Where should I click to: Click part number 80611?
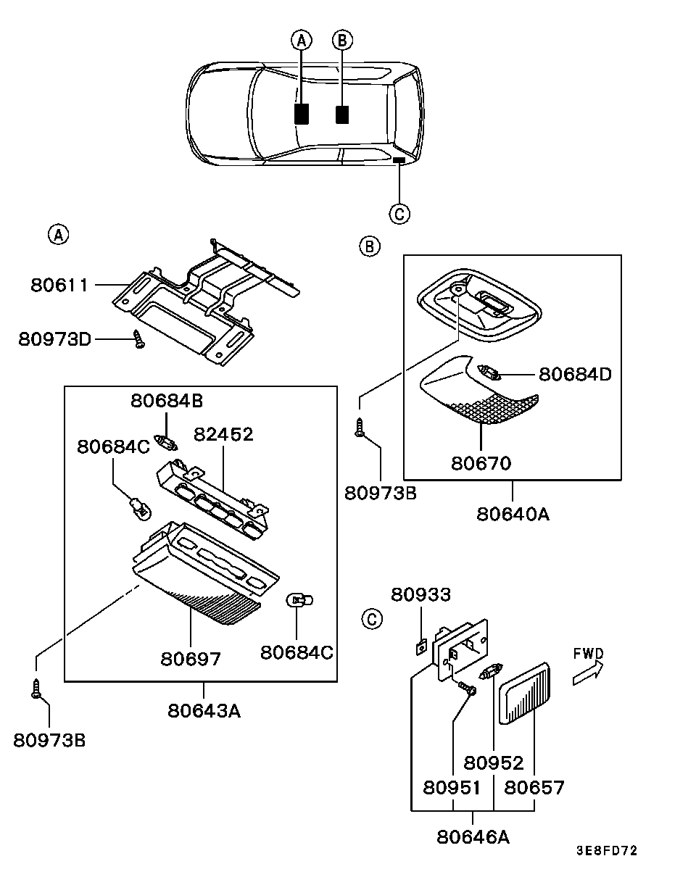[59, 286]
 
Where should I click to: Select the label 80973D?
[54, 339]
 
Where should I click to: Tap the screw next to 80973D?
[139, 339]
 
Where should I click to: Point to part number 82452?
[223, 434]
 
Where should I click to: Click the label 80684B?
[167, 401]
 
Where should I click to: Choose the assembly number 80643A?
[204, 711]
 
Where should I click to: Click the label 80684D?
[576, 374]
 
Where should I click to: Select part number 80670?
[481, 463]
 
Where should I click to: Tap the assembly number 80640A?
[513, 515]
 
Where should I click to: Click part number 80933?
[421, 594]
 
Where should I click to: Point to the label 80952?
[494, 763]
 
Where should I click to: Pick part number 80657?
[534, 788]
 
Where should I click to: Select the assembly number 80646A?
[473, 837]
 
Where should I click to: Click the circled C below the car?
[399, 214]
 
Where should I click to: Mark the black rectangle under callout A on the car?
[302, 114]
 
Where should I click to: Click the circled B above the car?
[342, 41]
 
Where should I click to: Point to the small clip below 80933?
[421, 647]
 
